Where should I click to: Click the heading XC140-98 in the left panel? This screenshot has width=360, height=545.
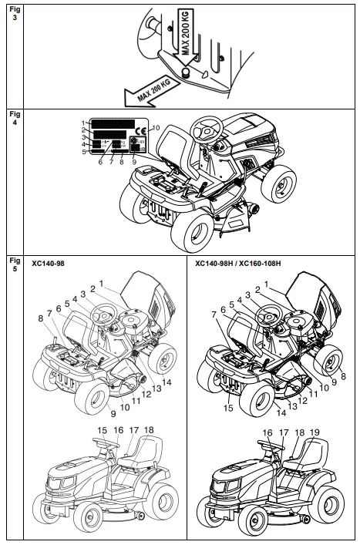48,262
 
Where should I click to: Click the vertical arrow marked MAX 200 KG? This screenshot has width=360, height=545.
185,39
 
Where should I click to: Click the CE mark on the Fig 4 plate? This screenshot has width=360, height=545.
139,130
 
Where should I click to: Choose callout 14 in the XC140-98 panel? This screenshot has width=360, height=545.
167,382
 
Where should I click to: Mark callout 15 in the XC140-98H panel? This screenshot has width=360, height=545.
227,408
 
